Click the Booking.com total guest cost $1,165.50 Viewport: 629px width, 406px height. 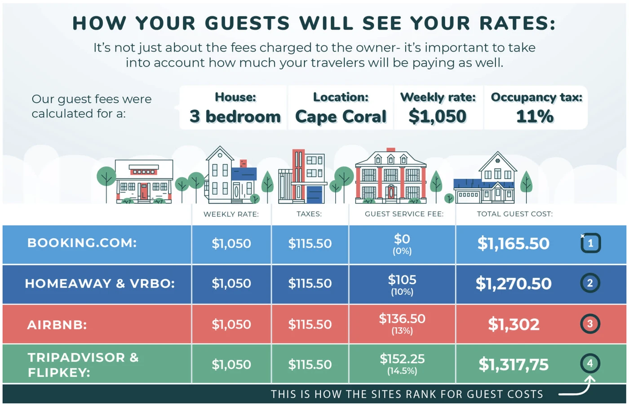(513, 244)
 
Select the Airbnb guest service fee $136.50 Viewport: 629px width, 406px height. (402, 319)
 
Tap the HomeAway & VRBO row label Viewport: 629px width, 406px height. (100, 284)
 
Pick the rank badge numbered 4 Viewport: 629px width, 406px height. (589, 363)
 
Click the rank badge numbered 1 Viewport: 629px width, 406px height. (590, 243)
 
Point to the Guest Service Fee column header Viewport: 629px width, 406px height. (403, 214)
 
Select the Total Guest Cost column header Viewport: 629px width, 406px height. (514, 214)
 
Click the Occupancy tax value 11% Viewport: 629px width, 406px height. (535, 117)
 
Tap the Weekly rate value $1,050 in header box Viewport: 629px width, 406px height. (437, 117)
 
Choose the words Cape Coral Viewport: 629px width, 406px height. (341, 117)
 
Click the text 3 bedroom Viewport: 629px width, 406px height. (235, 117)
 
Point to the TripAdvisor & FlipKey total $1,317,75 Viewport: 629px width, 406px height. (513, 365)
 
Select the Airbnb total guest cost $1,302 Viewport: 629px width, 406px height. (514, 324)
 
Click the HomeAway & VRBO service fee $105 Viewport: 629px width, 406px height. (402, 280)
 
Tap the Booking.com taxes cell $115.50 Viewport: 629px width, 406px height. (310, 244)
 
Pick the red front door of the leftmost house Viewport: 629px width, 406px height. (144, 192)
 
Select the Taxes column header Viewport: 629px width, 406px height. (309, 214)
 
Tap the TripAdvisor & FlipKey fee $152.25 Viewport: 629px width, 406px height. (402, 359)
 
